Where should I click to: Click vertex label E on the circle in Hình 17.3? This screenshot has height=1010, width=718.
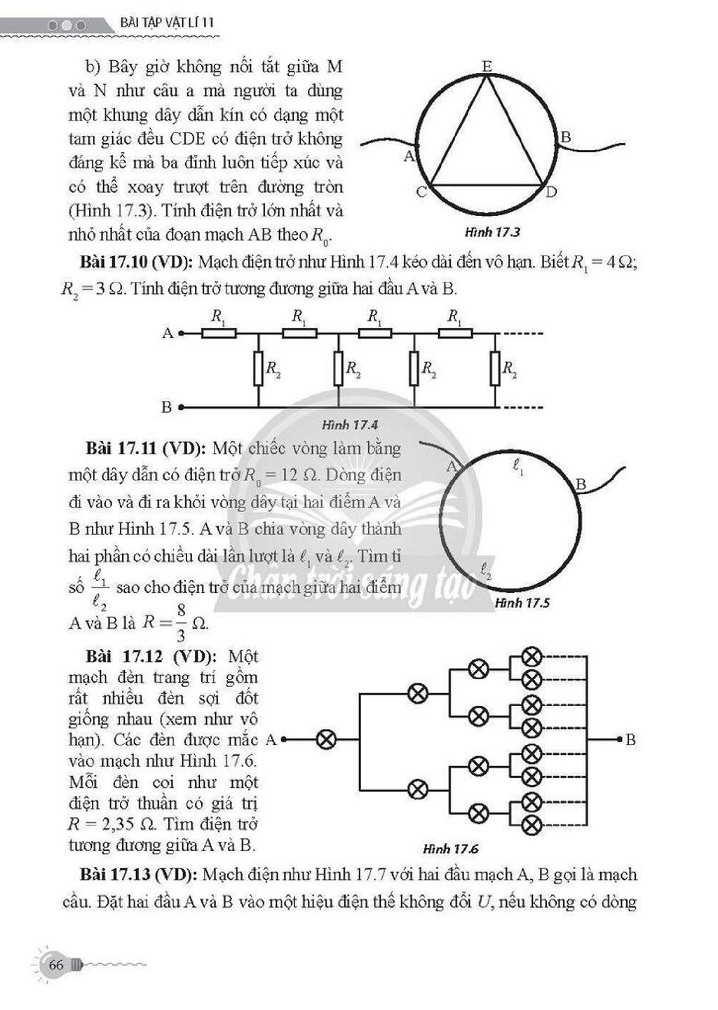tap(487, 67)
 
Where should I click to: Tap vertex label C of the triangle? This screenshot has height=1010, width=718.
tap(421, 193)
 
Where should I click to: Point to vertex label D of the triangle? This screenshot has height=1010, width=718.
tap(551, 193)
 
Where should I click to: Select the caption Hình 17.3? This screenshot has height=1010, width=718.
tap(492, 233)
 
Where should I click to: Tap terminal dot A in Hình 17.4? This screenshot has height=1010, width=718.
tap(181, 334)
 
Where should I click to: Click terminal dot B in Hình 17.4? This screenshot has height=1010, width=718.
tap(181, 408)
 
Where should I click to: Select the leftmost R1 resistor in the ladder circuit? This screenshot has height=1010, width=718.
tap(219, 334)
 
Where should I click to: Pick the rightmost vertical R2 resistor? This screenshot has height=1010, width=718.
tap(495, 369)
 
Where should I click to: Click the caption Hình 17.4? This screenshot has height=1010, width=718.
tap(350, 425)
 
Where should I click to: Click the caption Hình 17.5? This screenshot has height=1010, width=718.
tap(522, 603)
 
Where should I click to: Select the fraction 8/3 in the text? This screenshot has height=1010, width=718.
tap(181, 623)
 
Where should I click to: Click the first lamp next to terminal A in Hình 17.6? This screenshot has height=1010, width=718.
tap(325, 739)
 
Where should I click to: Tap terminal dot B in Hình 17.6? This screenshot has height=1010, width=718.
tap(620, 739)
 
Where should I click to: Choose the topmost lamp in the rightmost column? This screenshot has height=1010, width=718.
tap(532, 657)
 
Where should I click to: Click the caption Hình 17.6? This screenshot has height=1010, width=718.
tap(451, 849)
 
